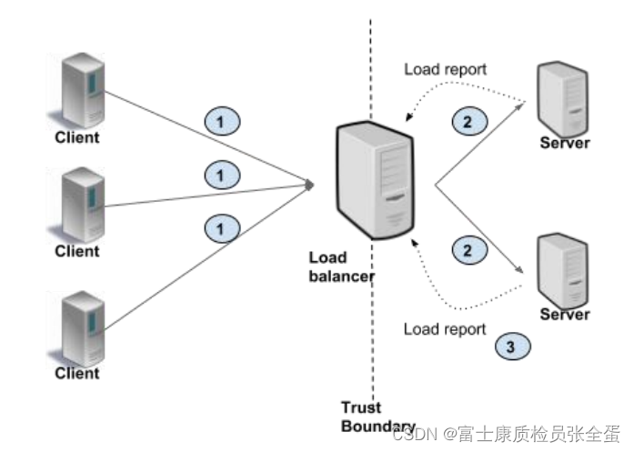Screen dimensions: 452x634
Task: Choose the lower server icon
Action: pos(564,269)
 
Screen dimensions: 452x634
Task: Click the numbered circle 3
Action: pos(511,347)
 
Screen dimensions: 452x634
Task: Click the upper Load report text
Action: pos(445,69)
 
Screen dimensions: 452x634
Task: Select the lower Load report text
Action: pos(445,328)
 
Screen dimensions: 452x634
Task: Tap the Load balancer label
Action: pos(340,267)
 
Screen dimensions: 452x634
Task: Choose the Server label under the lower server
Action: pos(565,315)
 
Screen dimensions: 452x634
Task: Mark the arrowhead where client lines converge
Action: pos(309,186)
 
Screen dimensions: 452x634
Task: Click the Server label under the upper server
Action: pos(565,143)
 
